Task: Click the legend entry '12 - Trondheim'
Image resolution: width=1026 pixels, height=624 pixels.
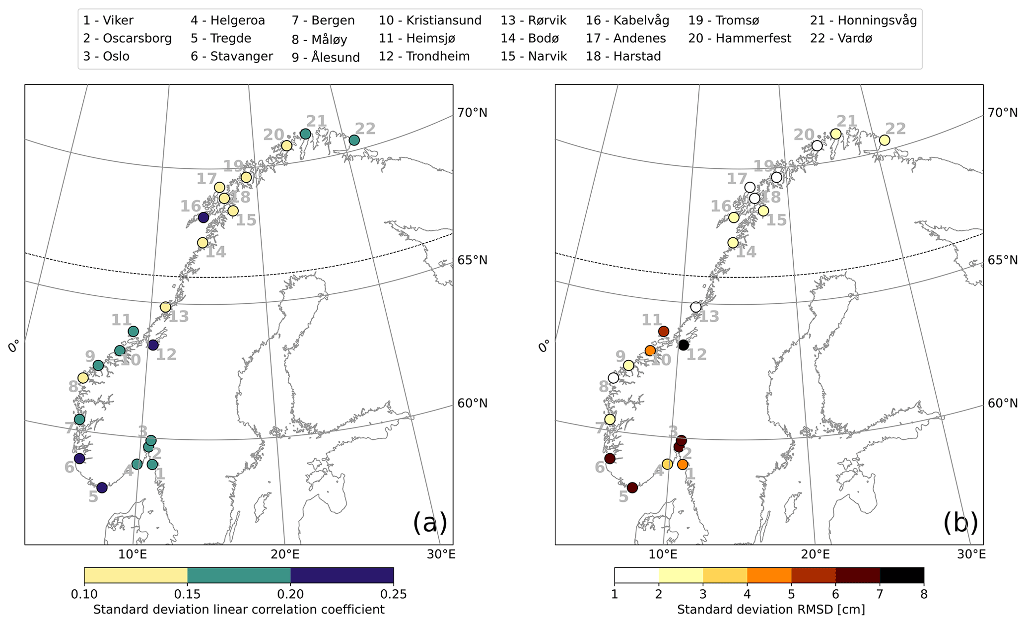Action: pos(424,57)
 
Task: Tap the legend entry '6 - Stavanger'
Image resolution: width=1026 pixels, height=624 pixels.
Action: pos(231,57)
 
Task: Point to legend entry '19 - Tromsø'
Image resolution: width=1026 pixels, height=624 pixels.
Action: pos(723,20)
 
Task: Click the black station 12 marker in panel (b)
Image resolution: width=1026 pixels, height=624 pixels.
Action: pos(684,345)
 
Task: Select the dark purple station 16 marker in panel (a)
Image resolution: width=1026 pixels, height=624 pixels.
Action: pos(203,217)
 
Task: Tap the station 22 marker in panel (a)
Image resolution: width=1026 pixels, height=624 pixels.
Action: pos(354,140)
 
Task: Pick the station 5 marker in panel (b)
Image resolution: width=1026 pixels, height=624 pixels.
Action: pos(632,487)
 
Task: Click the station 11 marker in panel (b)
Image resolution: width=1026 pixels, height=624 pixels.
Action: pos(663,331)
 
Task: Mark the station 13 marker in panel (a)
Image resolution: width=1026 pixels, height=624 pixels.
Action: pos(165,307)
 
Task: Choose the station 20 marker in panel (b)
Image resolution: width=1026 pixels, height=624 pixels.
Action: pos(817,145)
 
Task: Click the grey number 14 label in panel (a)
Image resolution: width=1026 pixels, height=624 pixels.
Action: pos(215,252)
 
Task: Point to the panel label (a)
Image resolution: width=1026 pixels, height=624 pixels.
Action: pos(430,523)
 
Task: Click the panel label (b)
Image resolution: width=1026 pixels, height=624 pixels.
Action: pos(960,523)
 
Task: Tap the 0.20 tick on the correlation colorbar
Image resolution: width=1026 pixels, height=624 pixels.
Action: pos(290,594)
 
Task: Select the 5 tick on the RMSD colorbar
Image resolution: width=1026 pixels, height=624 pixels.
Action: pos(791,594)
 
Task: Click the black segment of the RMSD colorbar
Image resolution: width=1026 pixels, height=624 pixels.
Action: pos(901,575)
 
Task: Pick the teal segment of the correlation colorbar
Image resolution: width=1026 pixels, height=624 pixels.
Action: pos(239,575)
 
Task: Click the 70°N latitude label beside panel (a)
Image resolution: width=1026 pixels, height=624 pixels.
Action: pos(472,113)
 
